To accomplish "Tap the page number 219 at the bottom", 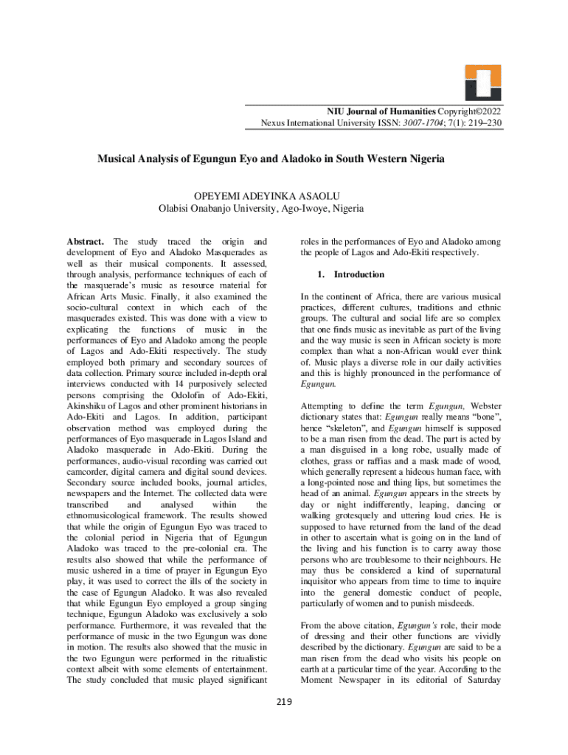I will coord(284,700).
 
